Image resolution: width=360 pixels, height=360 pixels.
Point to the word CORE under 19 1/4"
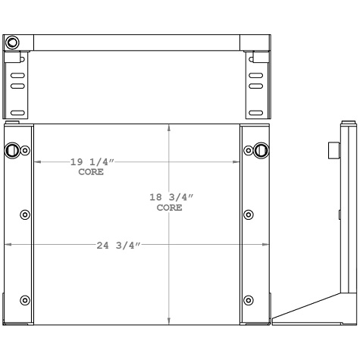92,173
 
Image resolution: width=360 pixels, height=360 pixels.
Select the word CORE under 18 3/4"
169,207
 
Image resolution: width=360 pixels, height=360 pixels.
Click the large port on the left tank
13,150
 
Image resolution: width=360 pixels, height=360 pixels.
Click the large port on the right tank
261,149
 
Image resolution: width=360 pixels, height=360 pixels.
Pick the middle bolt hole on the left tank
25,214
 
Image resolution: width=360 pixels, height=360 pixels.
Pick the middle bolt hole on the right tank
249,214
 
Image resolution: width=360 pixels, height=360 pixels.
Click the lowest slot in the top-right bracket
256,112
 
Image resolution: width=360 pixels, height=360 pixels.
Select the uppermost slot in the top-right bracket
256,77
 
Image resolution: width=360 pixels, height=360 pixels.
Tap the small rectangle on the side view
332,150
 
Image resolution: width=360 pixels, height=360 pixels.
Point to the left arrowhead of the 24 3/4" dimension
8,244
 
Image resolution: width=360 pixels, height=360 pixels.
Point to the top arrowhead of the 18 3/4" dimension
168,127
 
